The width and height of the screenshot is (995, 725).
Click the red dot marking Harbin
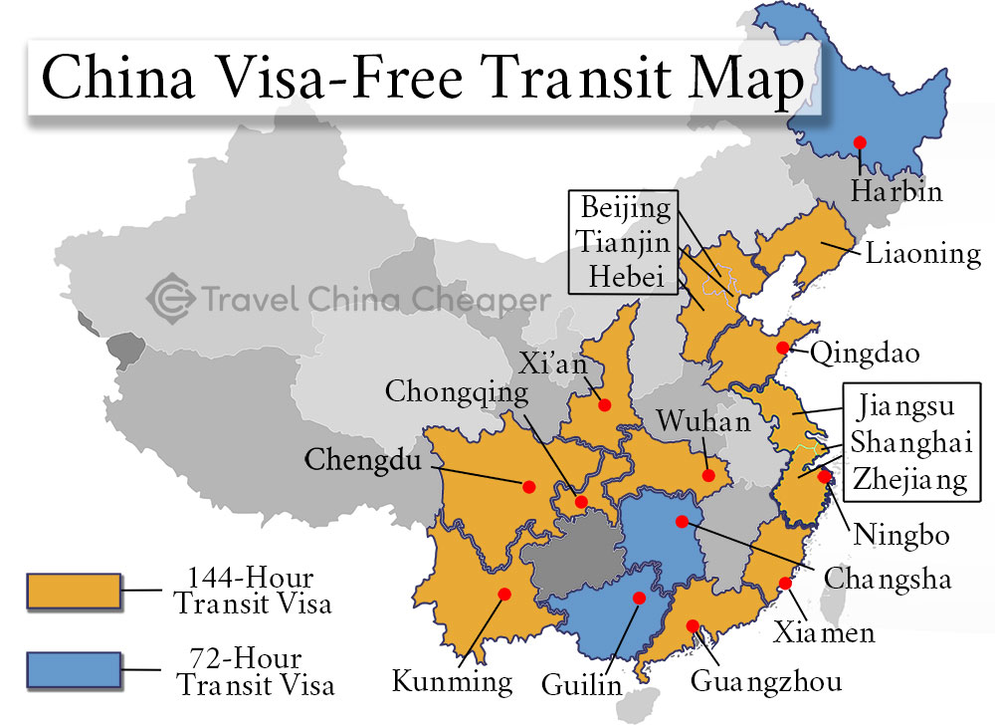click(860, 142)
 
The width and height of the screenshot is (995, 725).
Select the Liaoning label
click(922, 253)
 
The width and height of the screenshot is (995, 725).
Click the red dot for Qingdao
click(783, 348)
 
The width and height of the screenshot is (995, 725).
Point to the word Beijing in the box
click(626, 209)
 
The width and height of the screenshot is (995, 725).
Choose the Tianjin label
click(626, 243)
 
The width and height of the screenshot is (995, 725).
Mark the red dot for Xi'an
click(603, 404)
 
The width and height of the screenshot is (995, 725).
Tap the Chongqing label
click(458, 392)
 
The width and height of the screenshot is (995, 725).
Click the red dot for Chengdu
click(528, 486)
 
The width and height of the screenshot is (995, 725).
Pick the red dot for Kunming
click(503, 594)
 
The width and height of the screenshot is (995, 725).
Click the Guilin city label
click(582, 685)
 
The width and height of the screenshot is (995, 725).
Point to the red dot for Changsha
click(682, 521)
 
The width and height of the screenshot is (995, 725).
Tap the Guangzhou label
click(765, 681)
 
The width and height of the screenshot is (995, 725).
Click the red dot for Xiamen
click(785, 584)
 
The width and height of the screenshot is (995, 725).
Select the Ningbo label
click(901, 536)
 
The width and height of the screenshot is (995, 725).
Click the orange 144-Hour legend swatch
click(75, 592)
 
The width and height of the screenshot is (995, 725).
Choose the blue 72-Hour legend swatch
click(75, 671)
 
